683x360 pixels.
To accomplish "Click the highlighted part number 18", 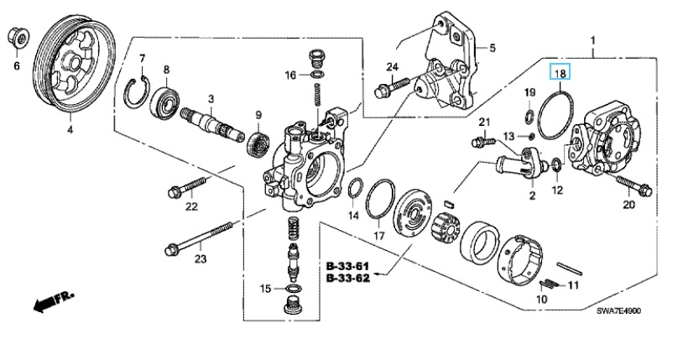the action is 560,73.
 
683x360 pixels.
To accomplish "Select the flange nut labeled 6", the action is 18,38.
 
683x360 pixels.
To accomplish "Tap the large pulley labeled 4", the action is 74,65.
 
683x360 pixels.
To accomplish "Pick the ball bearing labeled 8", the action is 164,104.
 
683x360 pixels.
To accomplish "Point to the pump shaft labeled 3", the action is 212,125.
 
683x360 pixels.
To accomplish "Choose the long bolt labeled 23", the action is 199,237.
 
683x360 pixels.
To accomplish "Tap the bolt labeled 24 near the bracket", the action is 392,87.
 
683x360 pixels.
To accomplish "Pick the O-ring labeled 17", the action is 380,199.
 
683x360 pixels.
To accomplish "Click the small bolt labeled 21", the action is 483,141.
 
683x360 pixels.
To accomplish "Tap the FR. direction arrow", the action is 54,301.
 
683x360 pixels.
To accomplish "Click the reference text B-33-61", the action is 348,265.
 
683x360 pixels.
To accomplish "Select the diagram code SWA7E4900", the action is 618,310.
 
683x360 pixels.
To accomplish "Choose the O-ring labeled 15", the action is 295,289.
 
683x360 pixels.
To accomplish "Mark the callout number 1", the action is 593,41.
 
